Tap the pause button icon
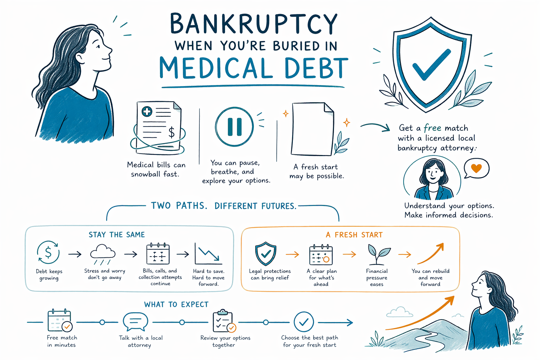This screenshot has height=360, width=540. (x=234, y=127)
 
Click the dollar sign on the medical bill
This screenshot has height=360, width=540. (x=172, y=132)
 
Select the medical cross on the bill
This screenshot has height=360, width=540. (x=147, y=111)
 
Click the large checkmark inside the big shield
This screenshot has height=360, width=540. (x=431, y=65)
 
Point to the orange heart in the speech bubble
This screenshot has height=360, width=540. (x=476, y=168)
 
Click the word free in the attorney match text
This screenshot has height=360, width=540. (x=432, y=128)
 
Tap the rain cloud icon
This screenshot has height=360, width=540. (x=103, y=254)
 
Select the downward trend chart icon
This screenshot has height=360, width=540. (x=208, y=254)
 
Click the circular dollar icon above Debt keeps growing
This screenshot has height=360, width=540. (x=48, y=252)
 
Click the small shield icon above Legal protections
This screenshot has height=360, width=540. (x=266, y=254)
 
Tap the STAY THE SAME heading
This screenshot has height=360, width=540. (x=117, y=234)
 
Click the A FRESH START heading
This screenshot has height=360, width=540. (x=354, y=235)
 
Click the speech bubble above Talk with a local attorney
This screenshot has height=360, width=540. (x=135, y=321)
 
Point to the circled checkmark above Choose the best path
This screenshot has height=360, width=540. (x=304, y=322)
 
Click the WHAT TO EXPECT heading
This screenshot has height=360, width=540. (x=176, y=304)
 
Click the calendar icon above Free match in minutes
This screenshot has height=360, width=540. (x=59, y=321)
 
